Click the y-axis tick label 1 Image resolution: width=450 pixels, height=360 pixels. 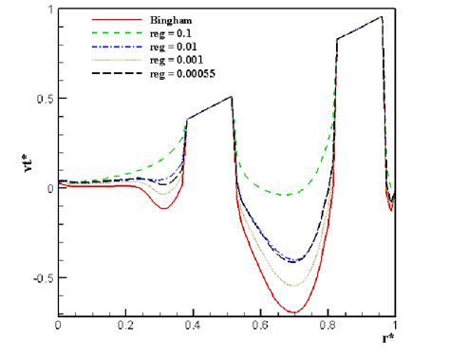click(x=48, y=9)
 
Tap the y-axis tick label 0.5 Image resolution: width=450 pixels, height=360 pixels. click(x=42, y=98)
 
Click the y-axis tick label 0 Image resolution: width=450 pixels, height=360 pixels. click(x=48, y=188)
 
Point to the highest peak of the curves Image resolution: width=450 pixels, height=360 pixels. click(x=382, y=17)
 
